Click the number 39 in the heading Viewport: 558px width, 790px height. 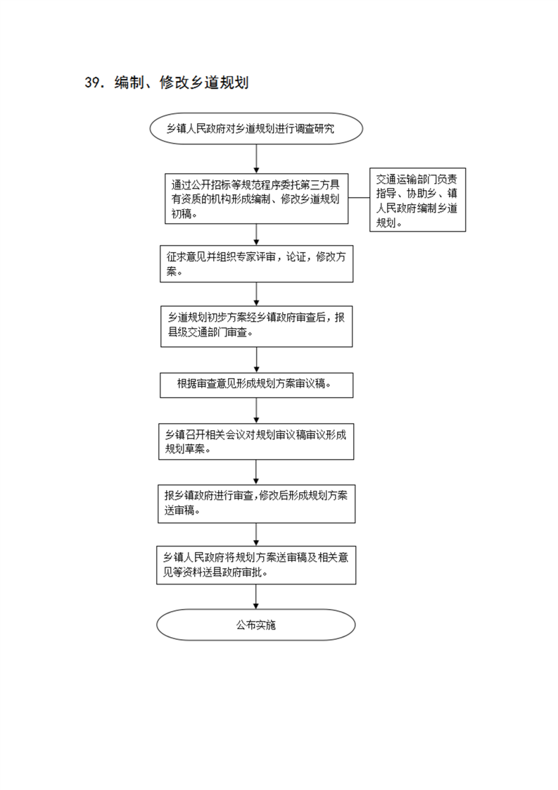[x=91, y=82]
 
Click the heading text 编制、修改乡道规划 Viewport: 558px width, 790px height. [x=182, y=82]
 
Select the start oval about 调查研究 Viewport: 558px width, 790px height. [x=256, y=128]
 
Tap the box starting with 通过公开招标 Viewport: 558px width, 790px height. [x=256, y=199]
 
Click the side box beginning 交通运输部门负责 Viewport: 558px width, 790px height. [x=417, y=200]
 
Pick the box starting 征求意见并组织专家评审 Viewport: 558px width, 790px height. [x=256, y=264]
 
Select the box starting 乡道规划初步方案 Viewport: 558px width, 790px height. [x=256, y=327]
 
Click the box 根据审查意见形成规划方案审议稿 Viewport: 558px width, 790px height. [x=256, y=385]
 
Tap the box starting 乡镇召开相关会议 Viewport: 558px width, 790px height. [x=256, y=441]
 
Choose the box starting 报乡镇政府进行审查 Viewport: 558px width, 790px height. [x=256, y=504]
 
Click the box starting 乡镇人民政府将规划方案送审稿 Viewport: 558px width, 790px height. [x=256, y=565]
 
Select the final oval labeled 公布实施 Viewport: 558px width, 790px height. [x=256, y=625]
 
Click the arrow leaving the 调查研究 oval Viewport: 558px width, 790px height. [x=256, y=159]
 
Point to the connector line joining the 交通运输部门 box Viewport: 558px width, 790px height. [x=359, y=197]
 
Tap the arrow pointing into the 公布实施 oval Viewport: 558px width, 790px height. [x=256, y=597]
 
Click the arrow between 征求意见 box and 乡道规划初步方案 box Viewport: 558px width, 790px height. [x=256, y=294]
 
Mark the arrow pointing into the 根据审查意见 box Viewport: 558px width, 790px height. [x=256, y=360]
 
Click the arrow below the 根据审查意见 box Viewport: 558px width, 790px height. [x=256, y=410]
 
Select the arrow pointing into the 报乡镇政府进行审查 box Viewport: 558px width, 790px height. [x=256, y=472]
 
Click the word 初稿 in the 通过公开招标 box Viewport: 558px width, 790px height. [x=182, y=213]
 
